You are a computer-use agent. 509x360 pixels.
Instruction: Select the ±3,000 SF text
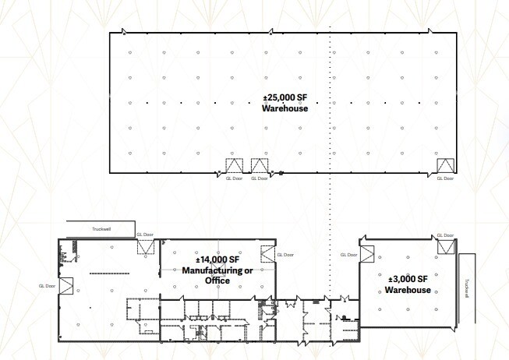click(408, 280)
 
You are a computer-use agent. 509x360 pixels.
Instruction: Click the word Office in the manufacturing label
click(217, 281)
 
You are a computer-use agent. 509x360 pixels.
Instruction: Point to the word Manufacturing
click(217, 271)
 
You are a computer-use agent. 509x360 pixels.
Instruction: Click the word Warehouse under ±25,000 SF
click(285, 109)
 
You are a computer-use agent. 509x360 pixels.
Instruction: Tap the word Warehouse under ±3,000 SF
click(408, 290)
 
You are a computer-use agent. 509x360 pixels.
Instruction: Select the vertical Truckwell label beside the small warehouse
click(466, 288)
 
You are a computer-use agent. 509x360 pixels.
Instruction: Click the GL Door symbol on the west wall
click(65, 286)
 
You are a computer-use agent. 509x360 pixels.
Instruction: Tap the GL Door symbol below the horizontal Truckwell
click(146, 246)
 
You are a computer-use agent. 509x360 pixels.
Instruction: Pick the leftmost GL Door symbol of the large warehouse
click(234, 165)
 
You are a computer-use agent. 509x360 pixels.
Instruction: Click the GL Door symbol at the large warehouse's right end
click(446, 165)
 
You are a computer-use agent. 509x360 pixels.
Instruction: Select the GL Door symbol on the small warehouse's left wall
click(365, 255)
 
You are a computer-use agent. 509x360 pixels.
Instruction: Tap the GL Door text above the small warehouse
click(445, 235)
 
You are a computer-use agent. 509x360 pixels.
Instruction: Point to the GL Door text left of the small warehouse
click(348, 255)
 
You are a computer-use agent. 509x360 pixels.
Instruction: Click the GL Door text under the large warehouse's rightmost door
click(445, 178)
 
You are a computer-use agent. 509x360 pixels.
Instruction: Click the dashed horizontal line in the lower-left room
click(108, 273)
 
